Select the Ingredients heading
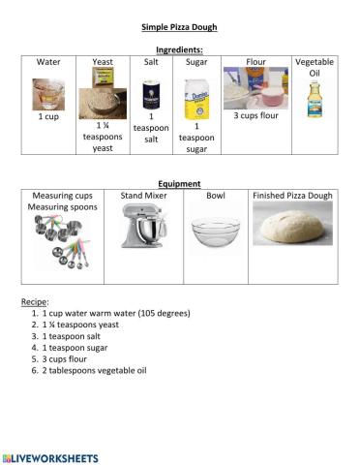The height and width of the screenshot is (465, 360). (x=179, y=49)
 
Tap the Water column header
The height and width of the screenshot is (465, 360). (x=48, y=62)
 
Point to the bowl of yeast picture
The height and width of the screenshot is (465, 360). (x=104, y=96)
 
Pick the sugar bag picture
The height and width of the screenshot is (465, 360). (x=196, y=97)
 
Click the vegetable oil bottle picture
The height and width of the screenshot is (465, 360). (x=314, y=100)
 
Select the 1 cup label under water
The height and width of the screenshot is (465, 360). (x=47, y=117)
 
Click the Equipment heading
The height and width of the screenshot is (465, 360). (x=179, y=183)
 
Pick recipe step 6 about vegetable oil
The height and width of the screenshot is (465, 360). (x=97, y=370)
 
